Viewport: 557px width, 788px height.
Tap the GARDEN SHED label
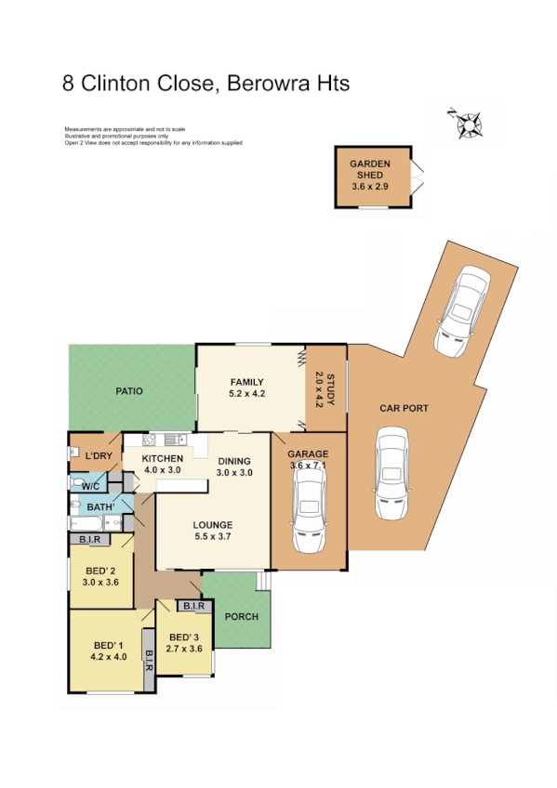[x=370, y=169]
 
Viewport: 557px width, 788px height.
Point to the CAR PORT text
[x=404, y=408]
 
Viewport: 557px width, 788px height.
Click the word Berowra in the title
[x=269, y=84]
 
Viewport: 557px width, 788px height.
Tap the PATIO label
[x=128, y=391]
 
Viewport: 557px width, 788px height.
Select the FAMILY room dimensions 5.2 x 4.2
[x=247, y=394]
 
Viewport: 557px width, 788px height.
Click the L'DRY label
[x=98, y=457]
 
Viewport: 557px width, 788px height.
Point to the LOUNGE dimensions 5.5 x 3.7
[x=214, y=537]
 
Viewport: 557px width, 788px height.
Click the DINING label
[x=234, y=461]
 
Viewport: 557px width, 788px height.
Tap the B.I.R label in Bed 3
[x=194, y=607]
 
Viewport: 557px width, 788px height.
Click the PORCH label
[x=242, y=616]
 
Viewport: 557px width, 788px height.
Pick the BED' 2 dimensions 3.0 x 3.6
[x=99, y=583]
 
